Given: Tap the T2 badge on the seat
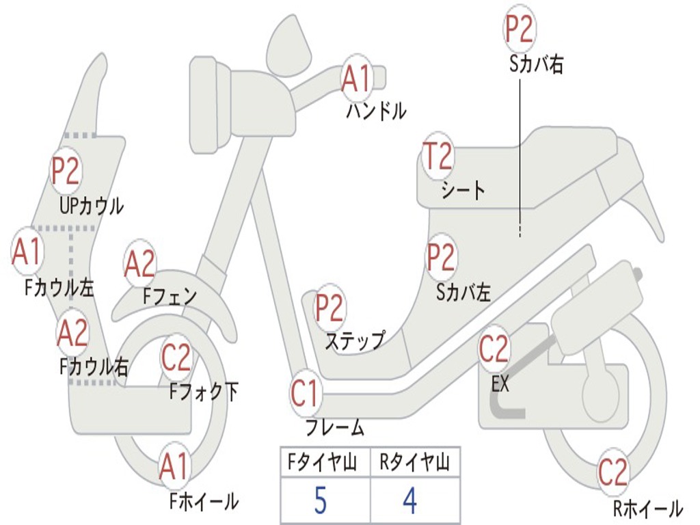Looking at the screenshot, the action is pos(436,157).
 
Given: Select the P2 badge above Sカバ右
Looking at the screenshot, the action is pos(519,29).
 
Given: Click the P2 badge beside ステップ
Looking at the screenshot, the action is pos(329,308).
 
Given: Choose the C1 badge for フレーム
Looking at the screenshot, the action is pos(305,394).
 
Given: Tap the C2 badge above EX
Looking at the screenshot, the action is pos(494,349).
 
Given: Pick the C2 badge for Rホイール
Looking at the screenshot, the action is pos(612,472).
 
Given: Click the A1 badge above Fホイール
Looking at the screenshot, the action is pos(174,468).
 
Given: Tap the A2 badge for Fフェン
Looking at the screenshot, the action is pos(140,264).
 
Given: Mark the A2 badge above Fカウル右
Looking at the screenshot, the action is pos(72,333).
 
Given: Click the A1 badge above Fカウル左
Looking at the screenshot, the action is pos(27,252).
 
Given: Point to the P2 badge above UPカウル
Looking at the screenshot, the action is pos(66,171).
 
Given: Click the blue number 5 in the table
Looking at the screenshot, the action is pos(321,501).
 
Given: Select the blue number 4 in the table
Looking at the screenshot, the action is pos(410,501).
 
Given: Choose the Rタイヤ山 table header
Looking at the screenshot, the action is pos(414,463).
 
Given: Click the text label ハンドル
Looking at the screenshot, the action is pos(375,111).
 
